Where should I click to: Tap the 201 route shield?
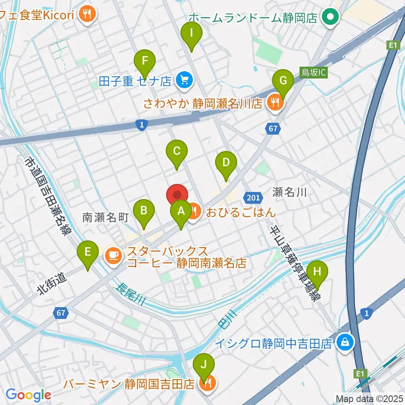point(252,197)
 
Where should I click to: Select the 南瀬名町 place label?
point(105,217)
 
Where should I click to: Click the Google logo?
point(29,394)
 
